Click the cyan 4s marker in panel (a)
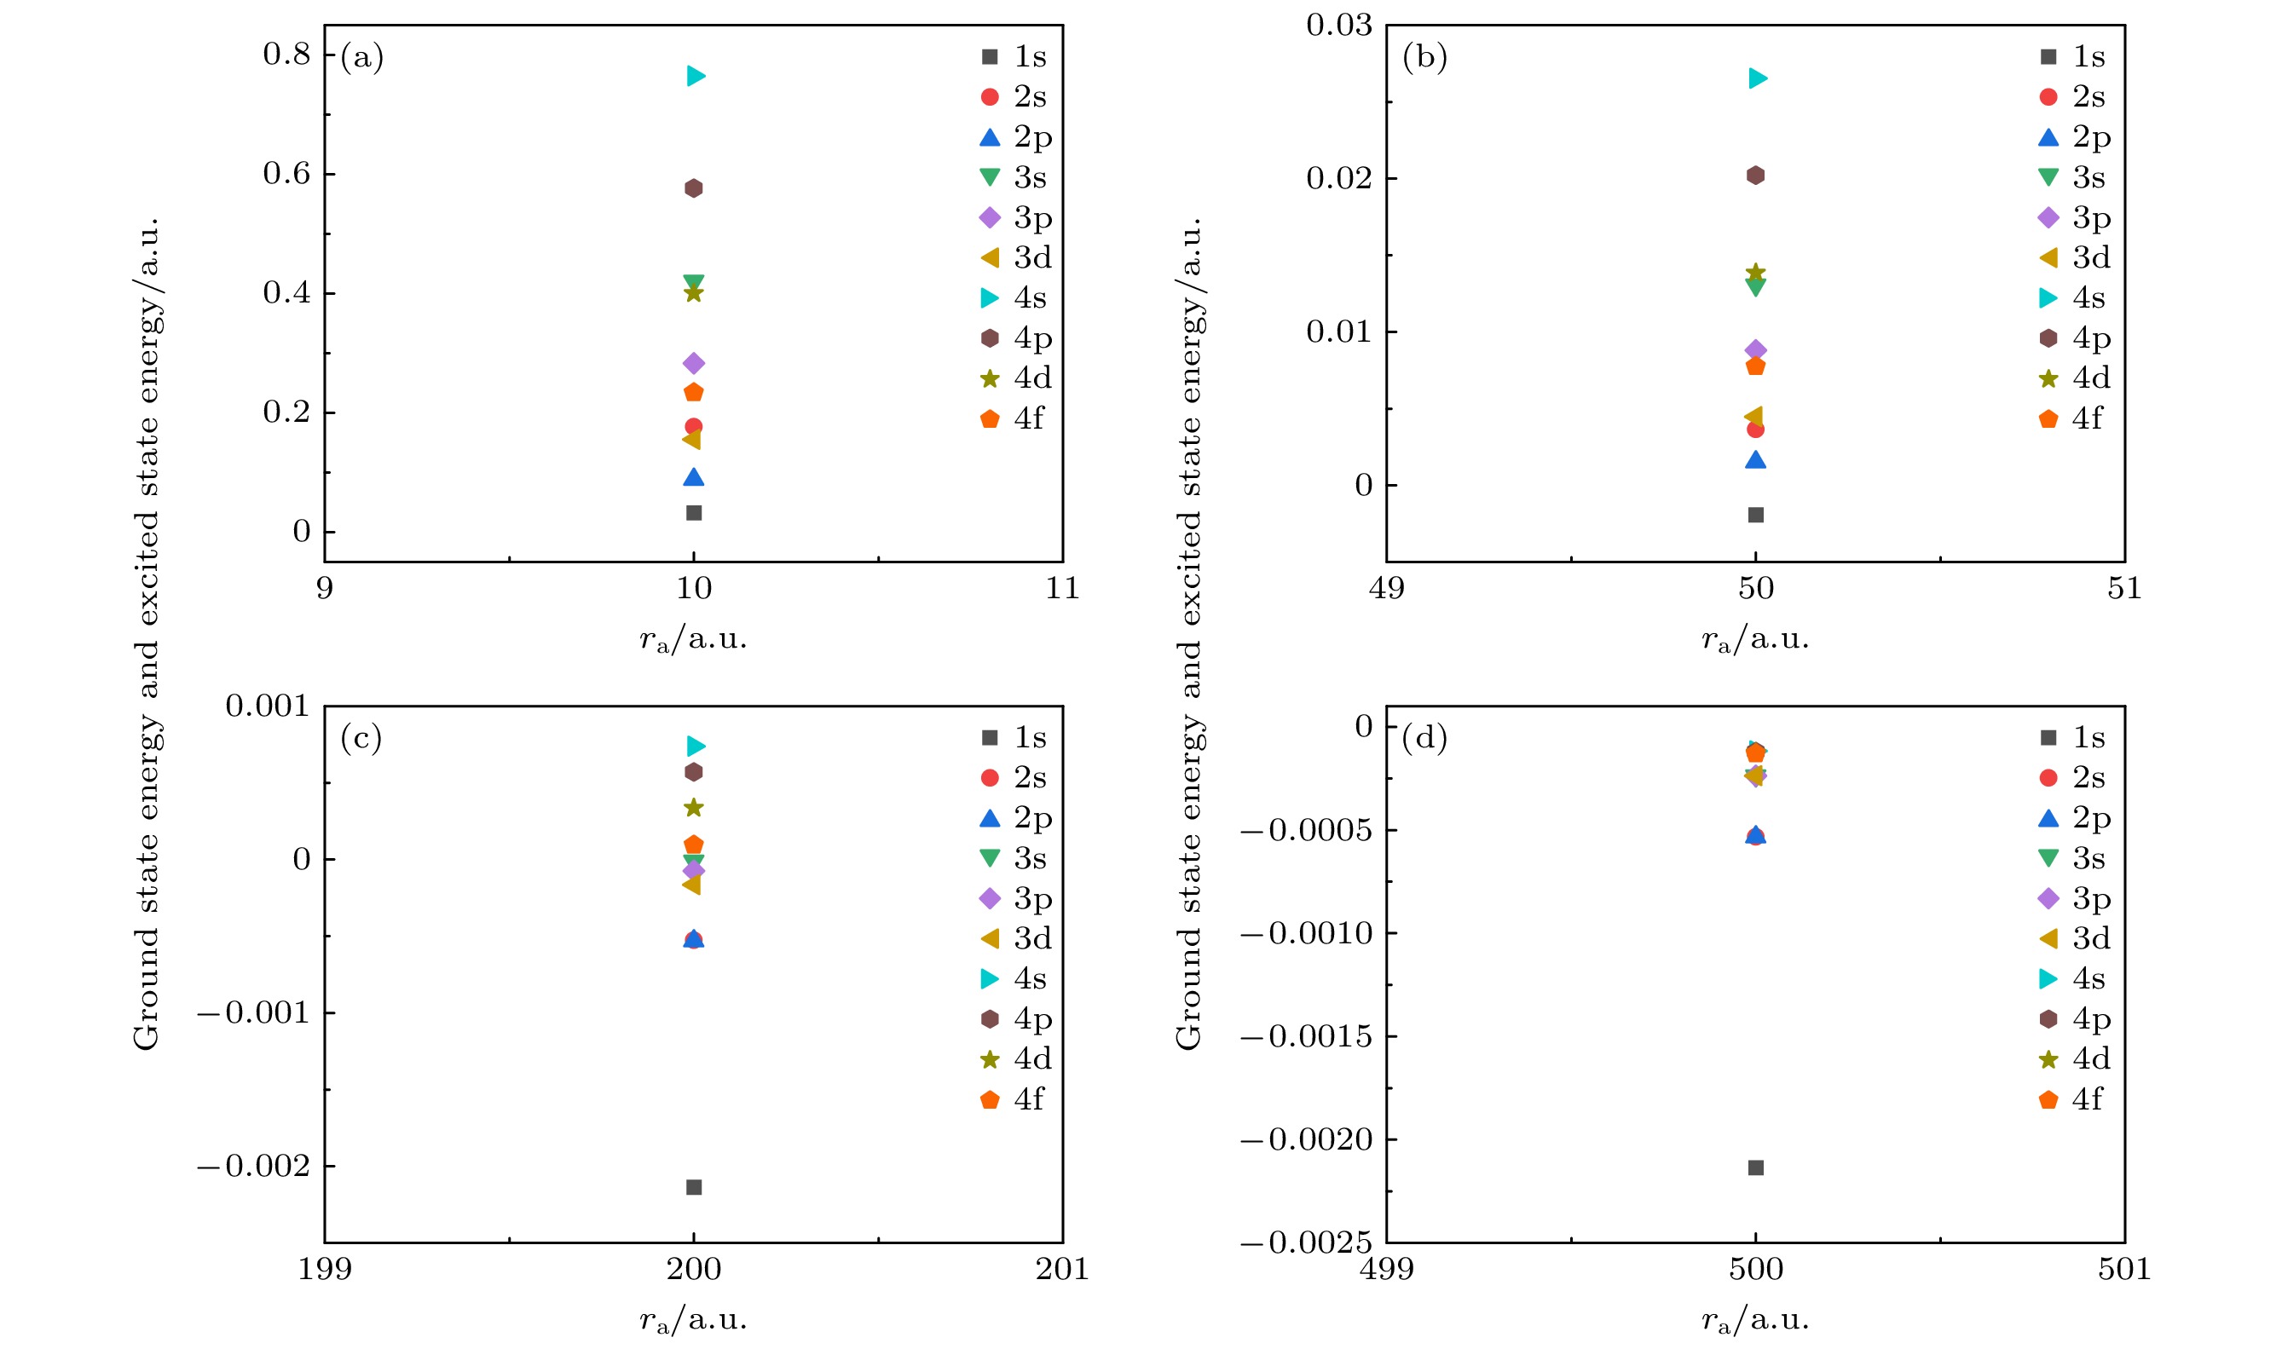696,77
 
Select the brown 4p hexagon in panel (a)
694,188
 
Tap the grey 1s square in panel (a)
694,513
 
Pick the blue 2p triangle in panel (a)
694,478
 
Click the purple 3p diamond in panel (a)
694,364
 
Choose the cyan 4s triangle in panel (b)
1758,79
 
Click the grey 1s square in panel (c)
694,1187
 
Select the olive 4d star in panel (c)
694,808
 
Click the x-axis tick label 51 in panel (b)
2124,589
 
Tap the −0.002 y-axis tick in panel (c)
255,1167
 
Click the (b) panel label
1424,57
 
